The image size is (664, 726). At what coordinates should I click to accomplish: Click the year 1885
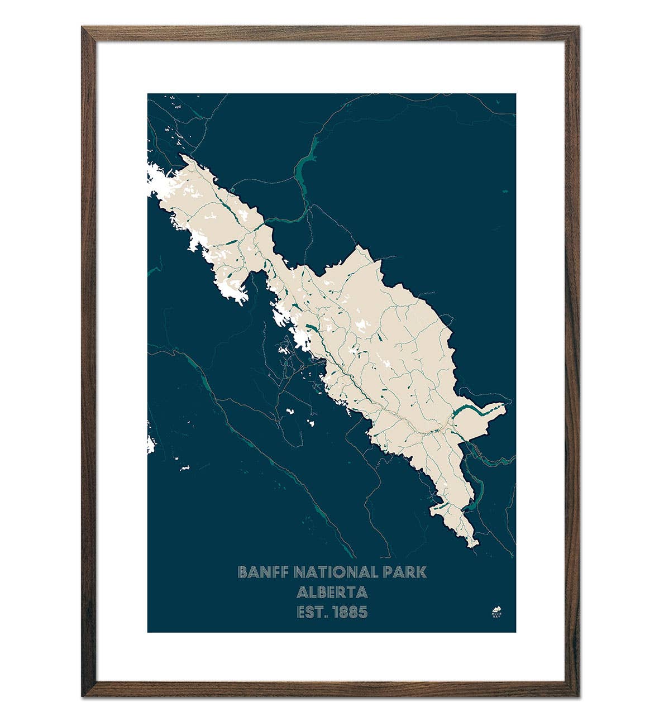click(350, 612)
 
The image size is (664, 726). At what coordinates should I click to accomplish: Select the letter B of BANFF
click(242, 572)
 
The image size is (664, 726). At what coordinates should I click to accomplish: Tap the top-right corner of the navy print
click(515, 94)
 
